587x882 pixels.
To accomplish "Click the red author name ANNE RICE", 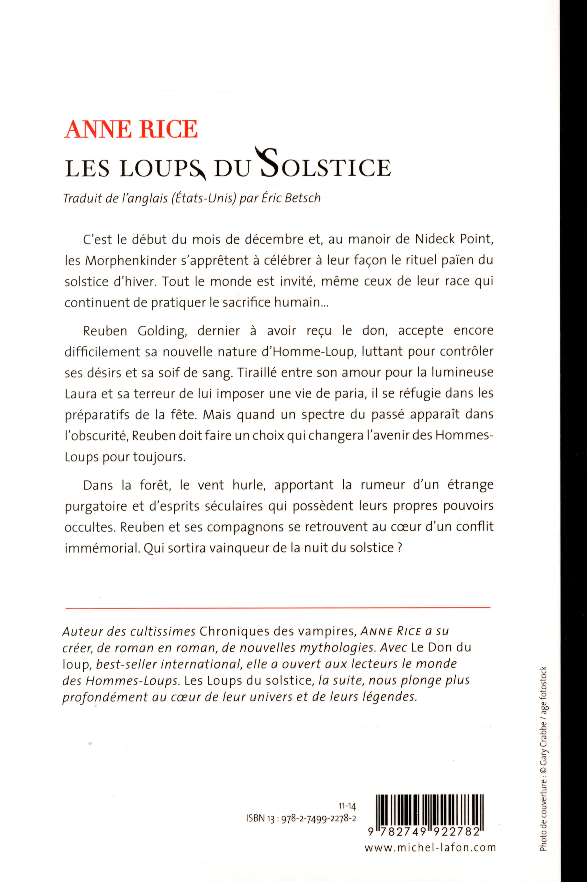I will (131, 130).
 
